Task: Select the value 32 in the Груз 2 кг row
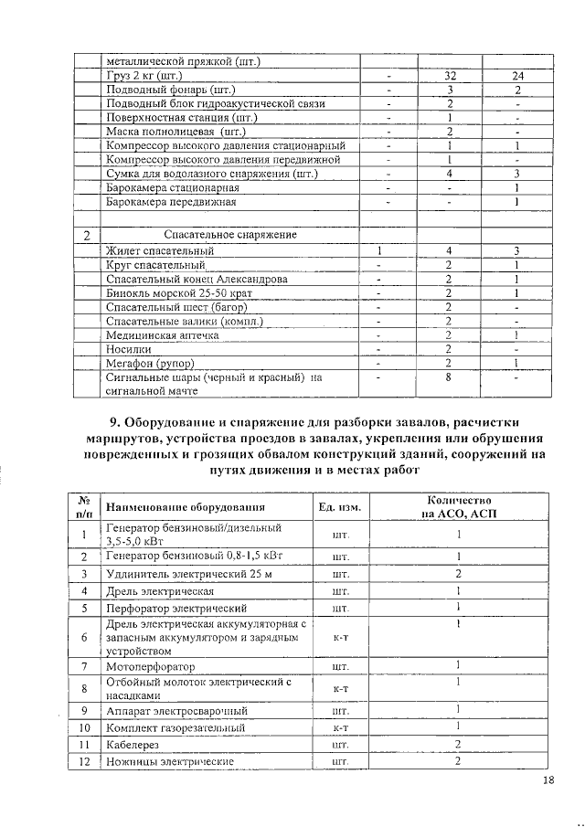point(450,75)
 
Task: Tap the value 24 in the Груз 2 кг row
point(517,75)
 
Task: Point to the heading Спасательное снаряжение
point(229,235)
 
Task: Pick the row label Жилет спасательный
point(160,249)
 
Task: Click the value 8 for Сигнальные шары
point(450,377)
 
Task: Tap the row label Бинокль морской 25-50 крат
point(178,292)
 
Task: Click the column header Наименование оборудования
point(186,508)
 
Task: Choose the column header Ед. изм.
point(339,508)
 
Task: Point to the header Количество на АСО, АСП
point(458,508)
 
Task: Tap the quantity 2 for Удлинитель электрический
point(458,574)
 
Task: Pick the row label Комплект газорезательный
point(175,728)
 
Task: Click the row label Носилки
point(129,349)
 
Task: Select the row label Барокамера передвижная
point(171,202)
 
